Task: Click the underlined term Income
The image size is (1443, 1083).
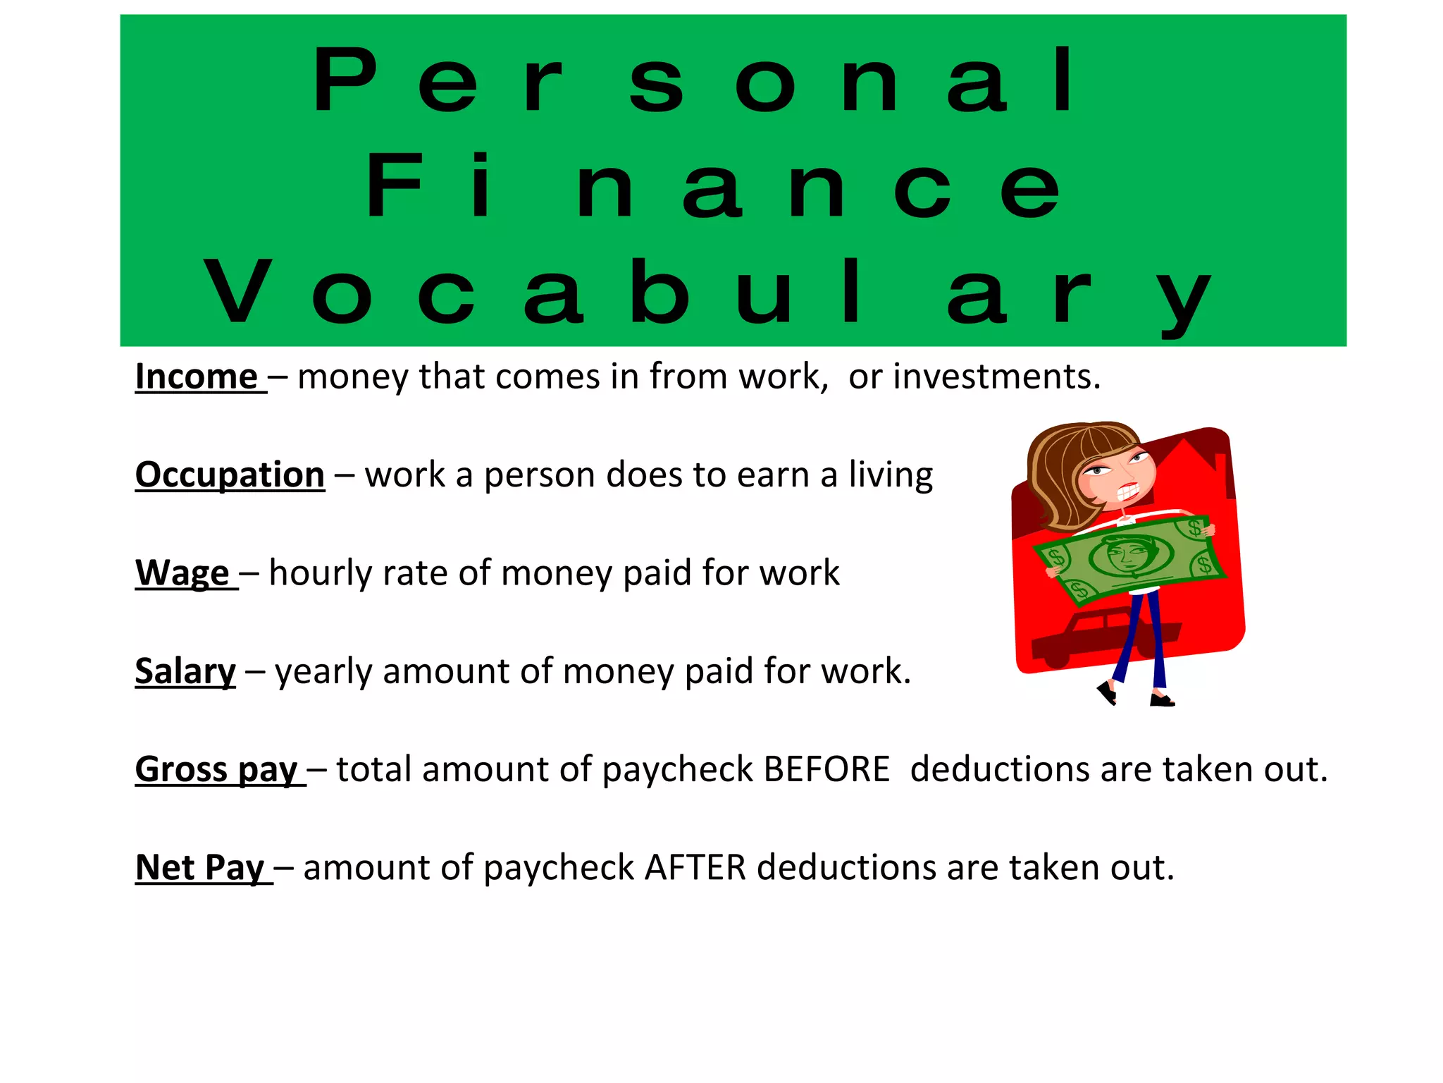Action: [x=197, y=377]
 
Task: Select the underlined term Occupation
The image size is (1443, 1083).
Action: [x=230, y=475]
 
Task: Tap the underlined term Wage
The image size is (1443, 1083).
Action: [x=182, y=573]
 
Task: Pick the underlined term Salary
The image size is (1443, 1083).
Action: [x=185, y=671]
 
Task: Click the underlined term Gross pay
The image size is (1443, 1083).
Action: [x=216, y=769]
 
